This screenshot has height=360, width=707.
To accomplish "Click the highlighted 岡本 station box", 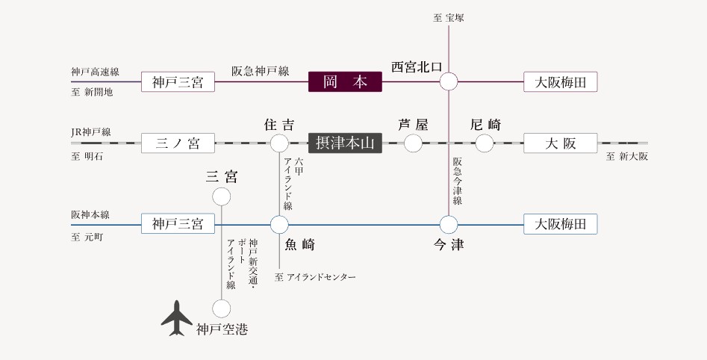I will tap(345, 81).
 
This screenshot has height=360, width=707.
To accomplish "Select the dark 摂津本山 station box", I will tap(345, 143).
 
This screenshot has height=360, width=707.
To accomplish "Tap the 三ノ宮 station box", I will tap(178, 143).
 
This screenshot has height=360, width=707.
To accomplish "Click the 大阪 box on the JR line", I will tap(561, 143).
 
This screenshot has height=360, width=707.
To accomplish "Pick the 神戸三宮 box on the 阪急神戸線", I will tap(178, 81).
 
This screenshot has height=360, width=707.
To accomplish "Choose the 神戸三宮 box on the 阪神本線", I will tap(178, 223).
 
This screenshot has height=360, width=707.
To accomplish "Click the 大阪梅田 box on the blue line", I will tap(561, 223).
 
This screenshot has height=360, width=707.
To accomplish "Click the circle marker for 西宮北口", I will tap(449, 81).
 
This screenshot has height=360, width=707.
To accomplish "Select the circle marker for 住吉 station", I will tap(279, 143).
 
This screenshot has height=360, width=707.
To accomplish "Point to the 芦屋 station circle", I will tap(413, 143).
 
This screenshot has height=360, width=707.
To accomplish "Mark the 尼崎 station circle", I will tap(485, 143).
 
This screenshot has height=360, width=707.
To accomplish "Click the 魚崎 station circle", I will tap(279, 224).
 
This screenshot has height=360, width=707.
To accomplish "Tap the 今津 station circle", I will tap(449, 224).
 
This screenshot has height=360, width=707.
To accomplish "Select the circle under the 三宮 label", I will tap(222, 196).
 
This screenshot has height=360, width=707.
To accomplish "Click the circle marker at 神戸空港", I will tap(222, 308).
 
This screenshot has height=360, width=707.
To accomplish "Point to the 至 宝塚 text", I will tap(449, 17).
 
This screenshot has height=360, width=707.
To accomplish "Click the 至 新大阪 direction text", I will tap(627, 157).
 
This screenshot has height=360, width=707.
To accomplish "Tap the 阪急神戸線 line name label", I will tap(260, 72).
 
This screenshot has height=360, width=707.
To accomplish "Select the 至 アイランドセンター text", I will tap(315, 278).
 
